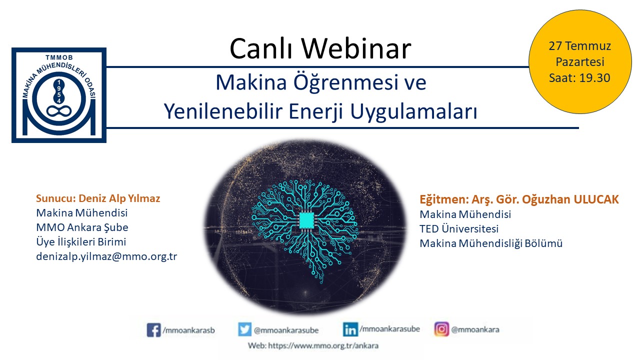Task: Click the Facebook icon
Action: point(153,330)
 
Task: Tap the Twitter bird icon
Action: point(245,329)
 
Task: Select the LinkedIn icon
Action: point(350,329)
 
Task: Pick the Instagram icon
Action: point(441,329)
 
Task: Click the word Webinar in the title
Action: point(356,48)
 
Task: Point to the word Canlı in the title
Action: point(261,48)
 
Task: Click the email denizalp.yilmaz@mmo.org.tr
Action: point(106,256)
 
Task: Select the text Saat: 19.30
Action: point(579,77)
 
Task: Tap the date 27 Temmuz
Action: point(579,45)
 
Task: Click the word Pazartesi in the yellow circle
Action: point(579,61)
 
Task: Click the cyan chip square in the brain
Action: point(306,220)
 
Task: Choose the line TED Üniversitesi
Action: point(459,228)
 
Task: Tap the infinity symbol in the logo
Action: point(59,111)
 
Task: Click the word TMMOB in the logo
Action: point(59,57)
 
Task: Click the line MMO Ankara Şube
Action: point(82,227)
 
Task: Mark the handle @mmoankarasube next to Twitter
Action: point(286,330)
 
